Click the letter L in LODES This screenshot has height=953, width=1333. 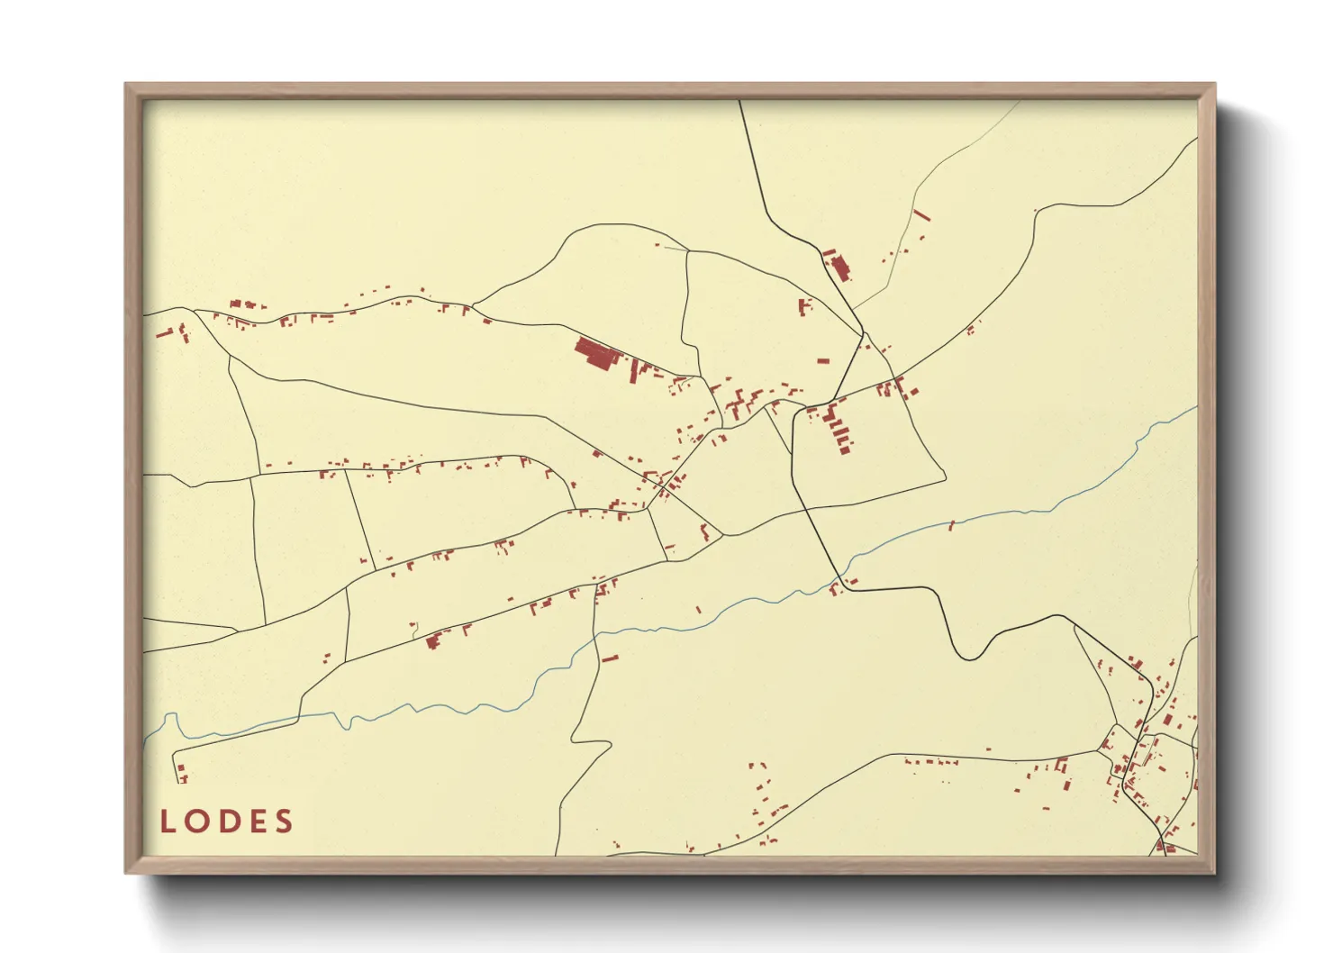168,821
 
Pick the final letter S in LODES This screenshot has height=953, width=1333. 285,821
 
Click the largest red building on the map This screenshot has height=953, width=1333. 594,352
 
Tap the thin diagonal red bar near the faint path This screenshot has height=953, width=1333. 920,215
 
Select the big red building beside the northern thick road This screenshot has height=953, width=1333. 840,268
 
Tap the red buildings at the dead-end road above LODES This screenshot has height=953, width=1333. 182,774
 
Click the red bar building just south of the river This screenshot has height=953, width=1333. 610,658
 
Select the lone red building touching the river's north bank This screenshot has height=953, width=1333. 952,525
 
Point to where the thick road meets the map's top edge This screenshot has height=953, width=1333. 739,102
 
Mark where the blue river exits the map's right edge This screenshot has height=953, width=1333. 1195,407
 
